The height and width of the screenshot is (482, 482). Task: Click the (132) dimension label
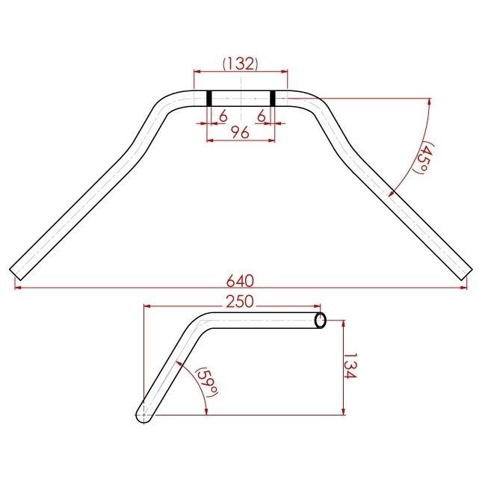pos(241,64)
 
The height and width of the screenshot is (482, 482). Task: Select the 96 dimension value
pos(240,133)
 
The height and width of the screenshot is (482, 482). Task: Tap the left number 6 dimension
pos(223,117)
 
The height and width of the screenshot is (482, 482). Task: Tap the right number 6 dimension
pos(262,116)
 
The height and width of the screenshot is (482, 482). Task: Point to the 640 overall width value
pos(240,281)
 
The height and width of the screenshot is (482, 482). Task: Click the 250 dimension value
pos(240,302)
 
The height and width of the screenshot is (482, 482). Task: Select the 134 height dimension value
pos(350,365)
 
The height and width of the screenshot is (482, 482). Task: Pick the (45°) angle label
pos(424,157)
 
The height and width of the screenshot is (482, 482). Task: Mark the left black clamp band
pos(209,99)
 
